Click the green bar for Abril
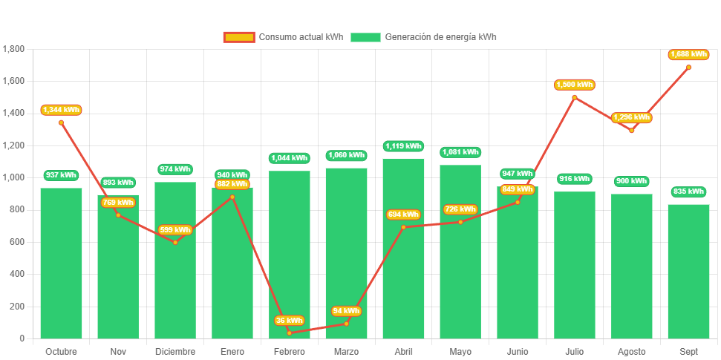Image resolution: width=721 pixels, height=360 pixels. pos(404,249)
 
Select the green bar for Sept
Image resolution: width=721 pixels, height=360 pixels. pos(688,272)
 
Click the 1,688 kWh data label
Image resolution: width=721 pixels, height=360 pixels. pos(688,54)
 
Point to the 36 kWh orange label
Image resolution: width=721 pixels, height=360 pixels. pos(290,321)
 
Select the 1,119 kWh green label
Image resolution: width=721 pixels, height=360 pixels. pos(403,146)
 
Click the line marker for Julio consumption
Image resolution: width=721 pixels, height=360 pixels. pos(575,97)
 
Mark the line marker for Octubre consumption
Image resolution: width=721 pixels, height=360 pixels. pos(61,122)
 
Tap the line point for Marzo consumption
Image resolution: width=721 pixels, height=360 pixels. pos(346,324)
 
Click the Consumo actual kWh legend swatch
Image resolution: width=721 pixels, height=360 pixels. pos(238,37)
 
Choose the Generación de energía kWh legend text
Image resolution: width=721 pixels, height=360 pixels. pos(441,37)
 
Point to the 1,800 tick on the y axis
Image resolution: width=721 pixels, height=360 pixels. pos(14,49)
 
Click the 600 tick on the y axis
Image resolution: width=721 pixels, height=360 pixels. pos(17,242)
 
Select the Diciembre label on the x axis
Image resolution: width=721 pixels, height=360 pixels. pos(175,351)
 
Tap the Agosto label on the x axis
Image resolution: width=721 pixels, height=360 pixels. pos(632,351)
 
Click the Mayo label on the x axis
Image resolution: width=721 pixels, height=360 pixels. pos(460,351)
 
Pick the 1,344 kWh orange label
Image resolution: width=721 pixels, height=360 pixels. pos(61,110)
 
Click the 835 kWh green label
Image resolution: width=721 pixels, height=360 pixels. pos(688,192)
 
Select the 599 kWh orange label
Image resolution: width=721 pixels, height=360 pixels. pos(175,230)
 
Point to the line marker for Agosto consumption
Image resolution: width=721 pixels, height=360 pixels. pos(632,130)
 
